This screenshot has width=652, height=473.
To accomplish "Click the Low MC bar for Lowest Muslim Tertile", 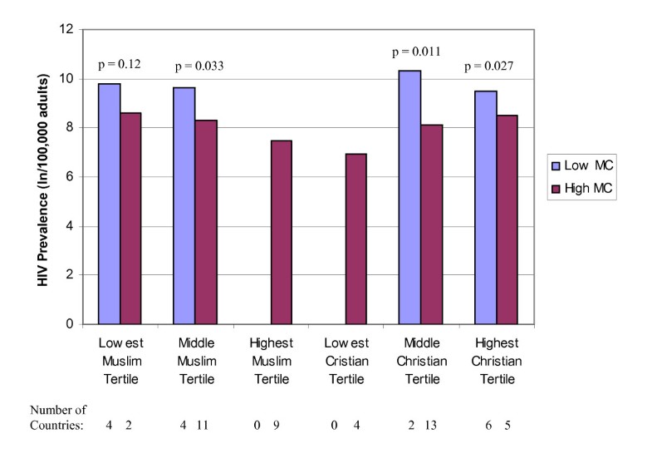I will tap(109, 204).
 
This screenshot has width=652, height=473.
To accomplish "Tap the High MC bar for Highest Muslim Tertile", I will tap(281, 232).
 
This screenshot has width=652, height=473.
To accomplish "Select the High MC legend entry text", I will tap(591, 190).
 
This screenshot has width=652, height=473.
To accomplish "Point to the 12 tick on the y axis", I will tap(66, 30).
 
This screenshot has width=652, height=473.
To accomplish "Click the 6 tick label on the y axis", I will tap(69, 177).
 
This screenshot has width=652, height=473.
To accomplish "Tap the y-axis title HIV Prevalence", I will tap(42, 175).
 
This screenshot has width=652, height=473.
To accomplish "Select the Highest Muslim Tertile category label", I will tap(270, 360).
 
